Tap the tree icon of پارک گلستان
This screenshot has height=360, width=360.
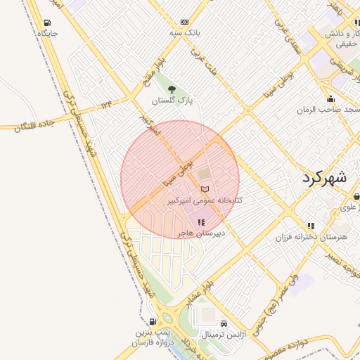[172, 89]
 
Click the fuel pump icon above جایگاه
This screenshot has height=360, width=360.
[47, 22]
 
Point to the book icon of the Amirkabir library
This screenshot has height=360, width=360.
[205, 189]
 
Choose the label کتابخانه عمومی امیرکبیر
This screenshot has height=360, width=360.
[205, 200]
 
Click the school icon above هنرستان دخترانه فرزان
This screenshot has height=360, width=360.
[311, 226]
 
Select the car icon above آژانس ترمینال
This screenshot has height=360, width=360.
[224, 323]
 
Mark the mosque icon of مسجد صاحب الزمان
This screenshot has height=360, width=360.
[330, 98]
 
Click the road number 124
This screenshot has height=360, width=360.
[106, 105]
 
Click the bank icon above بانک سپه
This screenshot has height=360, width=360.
[184, 22]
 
